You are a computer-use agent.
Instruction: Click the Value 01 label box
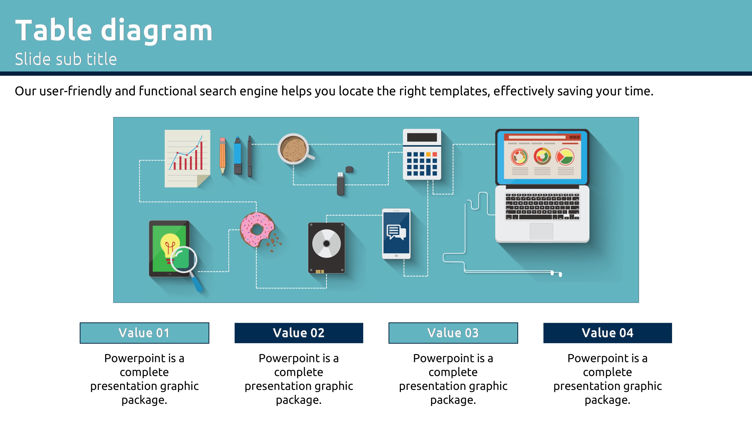144,333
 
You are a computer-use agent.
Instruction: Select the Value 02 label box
299,333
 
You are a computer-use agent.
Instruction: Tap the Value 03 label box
453,333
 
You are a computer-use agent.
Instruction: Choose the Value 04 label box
608,333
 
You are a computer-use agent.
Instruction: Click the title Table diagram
114,30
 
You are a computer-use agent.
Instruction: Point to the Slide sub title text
66,59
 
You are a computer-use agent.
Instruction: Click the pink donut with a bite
257,230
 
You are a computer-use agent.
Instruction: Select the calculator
422,154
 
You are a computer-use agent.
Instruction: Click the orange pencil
222,156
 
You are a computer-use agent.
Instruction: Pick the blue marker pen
238,155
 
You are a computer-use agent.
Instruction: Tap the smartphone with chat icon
397,234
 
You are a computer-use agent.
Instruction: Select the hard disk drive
326,248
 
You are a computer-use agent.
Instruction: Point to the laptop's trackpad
541,231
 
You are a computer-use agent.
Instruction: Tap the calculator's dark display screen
422,137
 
